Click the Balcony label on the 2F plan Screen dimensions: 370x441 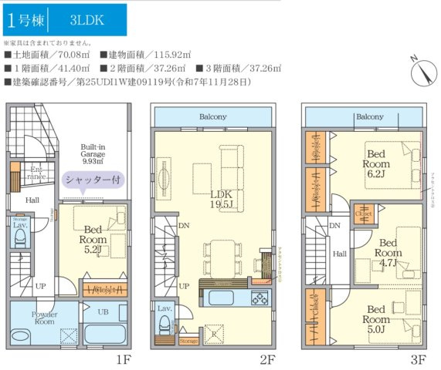[212, 117]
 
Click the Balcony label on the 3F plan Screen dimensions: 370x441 [369, 117]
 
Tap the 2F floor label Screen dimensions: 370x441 [267, 359]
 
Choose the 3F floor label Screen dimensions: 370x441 [418, 359]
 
